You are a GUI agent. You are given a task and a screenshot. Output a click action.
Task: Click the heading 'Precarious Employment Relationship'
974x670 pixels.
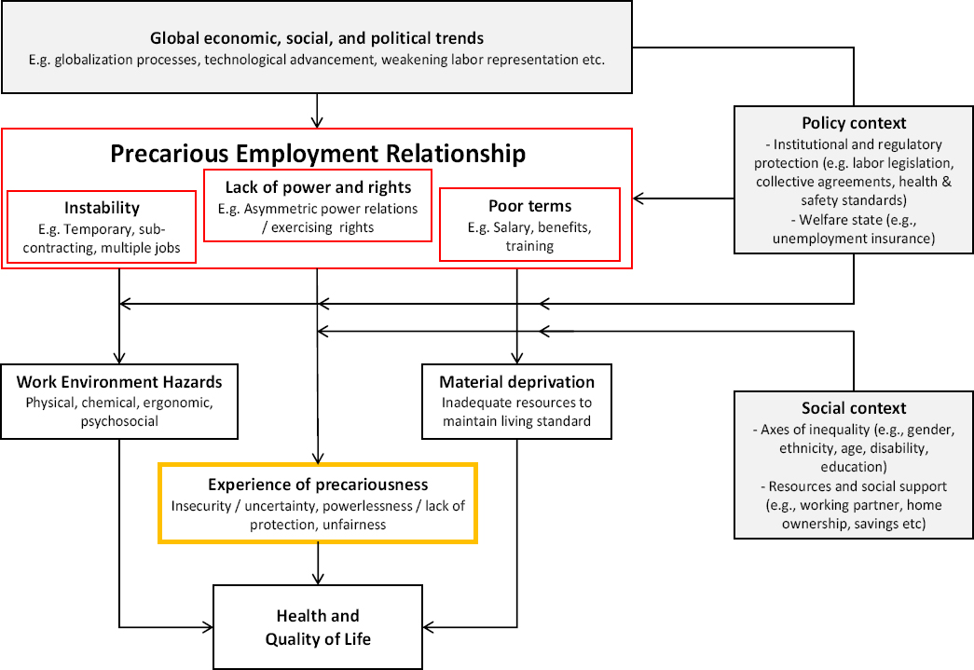coord(318,154)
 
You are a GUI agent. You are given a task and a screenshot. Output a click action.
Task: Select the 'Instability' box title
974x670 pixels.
coord(102,207)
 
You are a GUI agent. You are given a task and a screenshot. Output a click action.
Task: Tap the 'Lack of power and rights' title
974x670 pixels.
coord(318,187)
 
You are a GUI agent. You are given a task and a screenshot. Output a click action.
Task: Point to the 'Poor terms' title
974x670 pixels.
coord(529,206)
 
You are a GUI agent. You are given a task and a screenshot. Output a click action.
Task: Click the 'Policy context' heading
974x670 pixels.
coord(853,123)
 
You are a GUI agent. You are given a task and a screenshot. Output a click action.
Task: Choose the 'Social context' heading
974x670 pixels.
coord(853,408)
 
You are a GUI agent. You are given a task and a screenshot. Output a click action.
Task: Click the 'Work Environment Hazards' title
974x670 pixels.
coord(119,381)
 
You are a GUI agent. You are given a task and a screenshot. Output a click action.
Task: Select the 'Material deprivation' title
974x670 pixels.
coord(516,381)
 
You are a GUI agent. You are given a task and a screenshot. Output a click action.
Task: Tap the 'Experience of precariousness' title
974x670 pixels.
coord(318,485)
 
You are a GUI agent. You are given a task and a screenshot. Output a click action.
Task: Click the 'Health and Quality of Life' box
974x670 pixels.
coord(318,627)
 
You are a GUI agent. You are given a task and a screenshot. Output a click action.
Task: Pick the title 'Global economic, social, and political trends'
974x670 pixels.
coord(317,39)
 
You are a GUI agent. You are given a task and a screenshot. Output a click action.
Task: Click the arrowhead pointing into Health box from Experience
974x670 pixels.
coord(318,579)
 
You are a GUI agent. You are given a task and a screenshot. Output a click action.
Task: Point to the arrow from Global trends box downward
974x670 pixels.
coord(318,121)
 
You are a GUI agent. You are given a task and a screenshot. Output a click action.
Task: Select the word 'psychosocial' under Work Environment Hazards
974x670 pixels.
coord(119,421)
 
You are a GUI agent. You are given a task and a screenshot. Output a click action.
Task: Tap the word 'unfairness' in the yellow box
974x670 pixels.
coord(354,525)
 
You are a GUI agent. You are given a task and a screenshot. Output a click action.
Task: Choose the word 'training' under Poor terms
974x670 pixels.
coord(529,246)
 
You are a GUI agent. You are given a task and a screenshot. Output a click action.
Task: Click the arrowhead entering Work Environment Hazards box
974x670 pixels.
coord(119,358)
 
